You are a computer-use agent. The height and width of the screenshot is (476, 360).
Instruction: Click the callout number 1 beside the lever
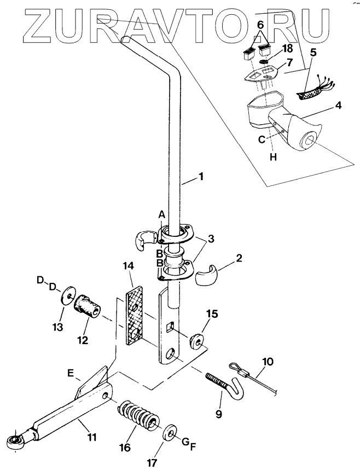[201, 177]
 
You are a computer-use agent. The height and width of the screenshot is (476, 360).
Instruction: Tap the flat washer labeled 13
[68, 295]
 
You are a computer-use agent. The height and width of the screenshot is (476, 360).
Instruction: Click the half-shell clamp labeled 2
[206, 275]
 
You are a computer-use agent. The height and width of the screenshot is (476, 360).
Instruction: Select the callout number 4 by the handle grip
[338, 106]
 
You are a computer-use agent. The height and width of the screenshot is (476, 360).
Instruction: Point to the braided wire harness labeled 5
[315, 90]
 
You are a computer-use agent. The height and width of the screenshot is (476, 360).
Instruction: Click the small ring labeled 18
[265, 62]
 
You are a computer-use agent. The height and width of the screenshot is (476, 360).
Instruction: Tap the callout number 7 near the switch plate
[289, 63]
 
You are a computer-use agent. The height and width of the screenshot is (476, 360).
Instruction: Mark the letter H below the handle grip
[274, 157]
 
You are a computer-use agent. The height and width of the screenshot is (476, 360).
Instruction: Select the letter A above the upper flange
[162, 215]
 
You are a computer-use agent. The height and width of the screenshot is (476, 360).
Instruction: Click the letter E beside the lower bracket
[71, 373]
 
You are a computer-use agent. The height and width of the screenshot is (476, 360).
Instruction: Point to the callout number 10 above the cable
[268, 362]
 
